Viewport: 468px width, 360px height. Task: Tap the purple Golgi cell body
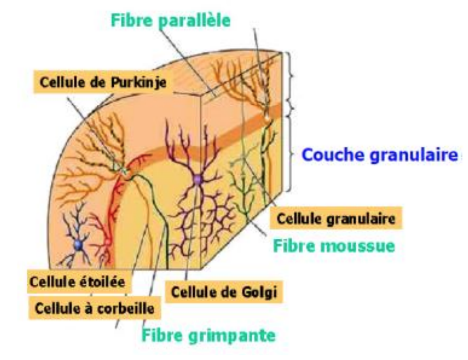coord(197,179)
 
